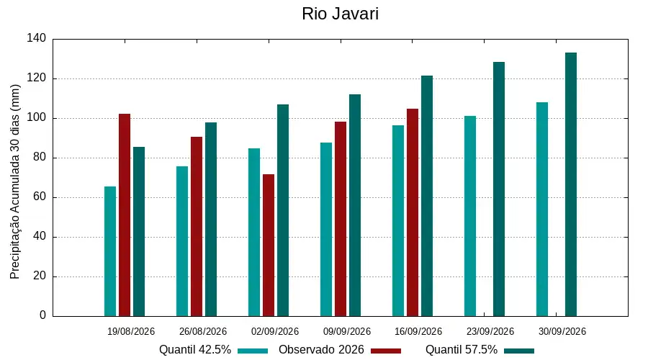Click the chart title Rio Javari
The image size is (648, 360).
click(x=340, y=14)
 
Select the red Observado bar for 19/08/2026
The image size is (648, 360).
click(x=125, y=215)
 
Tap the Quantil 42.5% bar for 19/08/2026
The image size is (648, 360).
click(x=110, y=251)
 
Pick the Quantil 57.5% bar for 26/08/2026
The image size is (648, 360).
click(x=211, y=219)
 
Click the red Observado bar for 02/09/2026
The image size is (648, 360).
click(x=269, y=245)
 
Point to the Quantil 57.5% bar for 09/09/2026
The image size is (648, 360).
click(x=355, y=205)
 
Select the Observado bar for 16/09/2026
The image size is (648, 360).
click(x=413, y=212)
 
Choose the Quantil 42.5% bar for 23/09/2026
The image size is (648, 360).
click(x=470, y=216)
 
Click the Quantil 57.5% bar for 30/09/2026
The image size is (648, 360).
click(x=571, y=184)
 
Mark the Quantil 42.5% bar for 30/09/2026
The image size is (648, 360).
click(x=542, y=209)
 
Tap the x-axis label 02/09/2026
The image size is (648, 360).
click(x=275, y=331)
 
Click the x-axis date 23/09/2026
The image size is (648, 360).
click(x=490, y=331)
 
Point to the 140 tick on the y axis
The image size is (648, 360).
click(x=37, y=38)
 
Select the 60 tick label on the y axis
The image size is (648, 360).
click(x=40, y=197)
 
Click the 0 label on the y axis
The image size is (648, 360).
click(x=43, y=315)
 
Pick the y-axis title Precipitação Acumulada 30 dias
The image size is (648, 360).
click(x=15, y=182)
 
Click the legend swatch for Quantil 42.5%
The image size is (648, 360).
click(x=253, y=351)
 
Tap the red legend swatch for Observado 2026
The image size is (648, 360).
click(x=386, y=351)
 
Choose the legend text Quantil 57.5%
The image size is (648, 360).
click(x=462, y=350)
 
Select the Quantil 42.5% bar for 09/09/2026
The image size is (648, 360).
click(x=326, y=230)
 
